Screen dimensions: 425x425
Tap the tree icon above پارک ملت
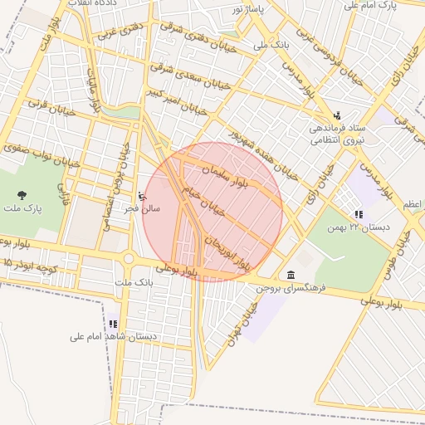[x=21, y=194]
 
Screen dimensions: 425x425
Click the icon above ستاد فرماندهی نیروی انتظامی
[x=336, y=115]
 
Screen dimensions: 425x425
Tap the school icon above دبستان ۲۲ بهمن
[x=359, y=214]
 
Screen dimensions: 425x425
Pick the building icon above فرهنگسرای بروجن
[x=291, y=275]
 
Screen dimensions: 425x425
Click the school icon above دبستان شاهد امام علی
[x=112, y=325]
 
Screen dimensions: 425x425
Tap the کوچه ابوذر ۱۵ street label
[x=31, y=263]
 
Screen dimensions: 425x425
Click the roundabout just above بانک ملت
[x=129, y=259]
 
